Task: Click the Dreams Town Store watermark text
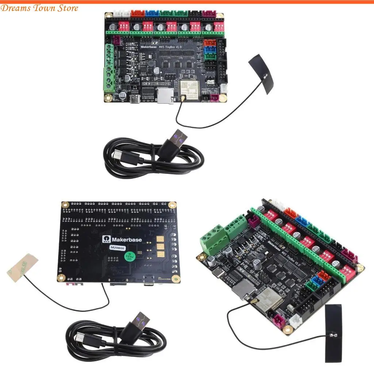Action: point(39,8)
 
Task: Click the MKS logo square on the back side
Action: point(105,240)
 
